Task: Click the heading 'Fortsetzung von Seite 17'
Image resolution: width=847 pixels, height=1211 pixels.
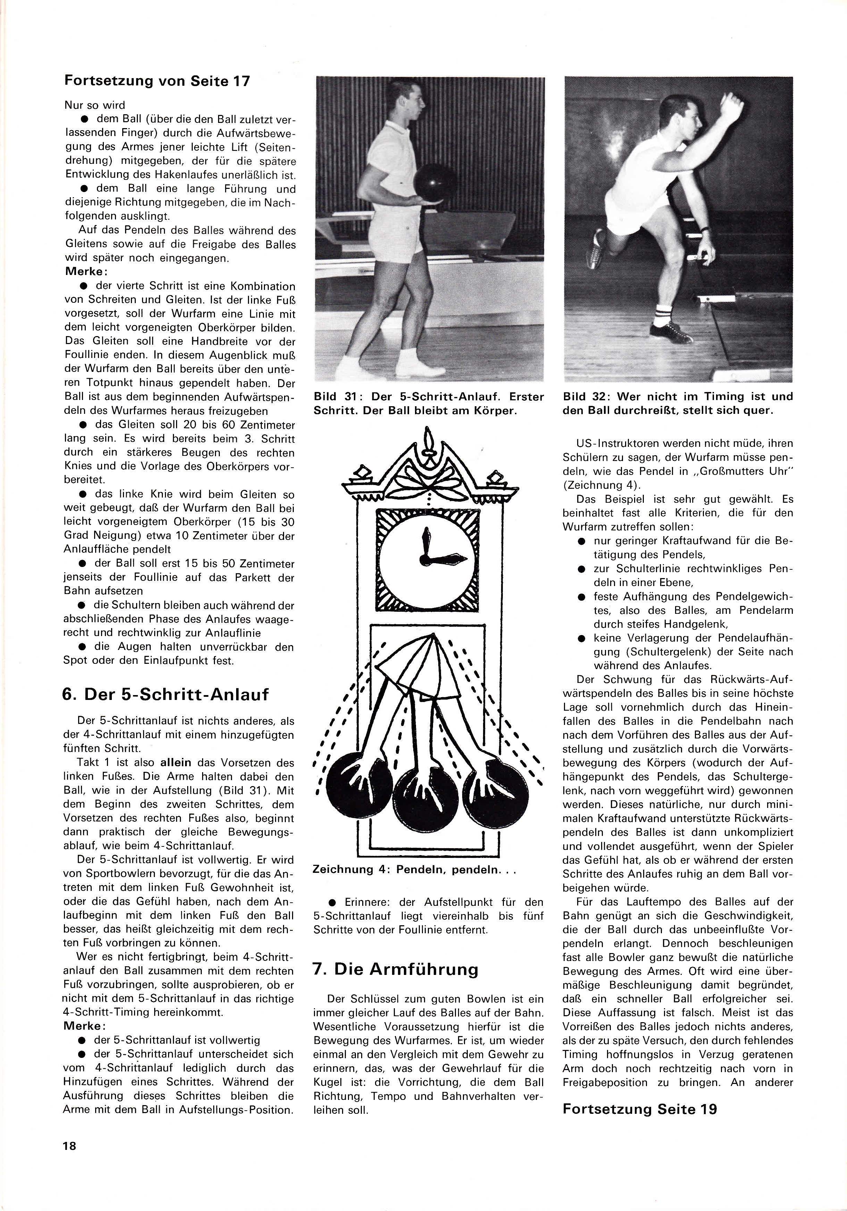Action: (x=157, y=80)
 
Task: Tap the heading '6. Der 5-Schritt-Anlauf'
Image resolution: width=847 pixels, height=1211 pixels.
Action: (x=165, y=694)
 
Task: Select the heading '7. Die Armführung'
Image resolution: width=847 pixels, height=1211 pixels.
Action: (x=396, y=969)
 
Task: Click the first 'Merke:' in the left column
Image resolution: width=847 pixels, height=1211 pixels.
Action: (x=86, y=272)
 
